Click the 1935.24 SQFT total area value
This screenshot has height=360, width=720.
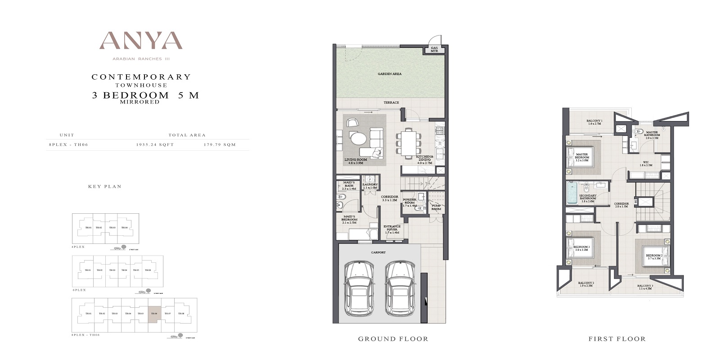click(155, 145)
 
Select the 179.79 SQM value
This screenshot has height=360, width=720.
click(220, 145)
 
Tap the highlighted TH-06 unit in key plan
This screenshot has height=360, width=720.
click(154, 313)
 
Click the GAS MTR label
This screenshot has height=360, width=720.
click(434, 49)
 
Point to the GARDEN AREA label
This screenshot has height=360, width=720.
click(390, 74)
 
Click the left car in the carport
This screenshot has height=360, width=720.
click(359, 288)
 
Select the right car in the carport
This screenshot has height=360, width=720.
click(400, 288)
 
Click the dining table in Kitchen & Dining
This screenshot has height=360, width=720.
click(409, 143)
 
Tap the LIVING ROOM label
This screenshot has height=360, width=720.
click(355, 160)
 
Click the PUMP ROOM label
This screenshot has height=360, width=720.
click(436, 207)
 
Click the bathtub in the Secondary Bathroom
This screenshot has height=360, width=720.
click(572, 192)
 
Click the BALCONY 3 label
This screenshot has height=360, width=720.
click(645, 286)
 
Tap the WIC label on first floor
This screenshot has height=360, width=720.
click(646, 163)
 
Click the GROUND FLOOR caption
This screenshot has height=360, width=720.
click(393, 339)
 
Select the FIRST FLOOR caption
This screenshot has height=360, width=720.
click(616, 339)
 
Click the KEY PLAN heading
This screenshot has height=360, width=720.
click(105, 186)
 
